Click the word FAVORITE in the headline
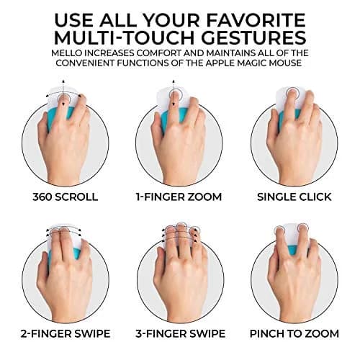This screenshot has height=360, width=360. pos(256,20)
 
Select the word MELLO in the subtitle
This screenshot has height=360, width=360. pos(66,53)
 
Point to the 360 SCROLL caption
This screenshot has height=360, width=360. pos(66,197)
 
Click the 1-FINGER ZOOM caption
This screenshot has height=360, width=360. pos(179,197)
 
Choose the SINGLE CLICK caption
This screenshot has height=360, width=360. pos(294,197)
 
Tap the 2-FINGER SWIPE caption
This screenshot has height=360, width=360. pos(66,334)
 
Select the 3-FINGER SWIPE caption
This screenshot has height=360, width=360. pos(180,334)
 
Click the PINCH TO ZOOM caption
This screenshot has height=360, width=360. pos(294,334)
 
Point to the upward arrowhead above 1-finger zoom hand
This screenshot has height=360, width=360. pos(174,81)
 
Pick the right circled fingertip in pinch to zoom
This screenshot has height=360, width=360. pos(303,229)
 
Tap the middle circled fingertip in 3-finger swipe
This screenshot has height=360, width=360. pos(181,227)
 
